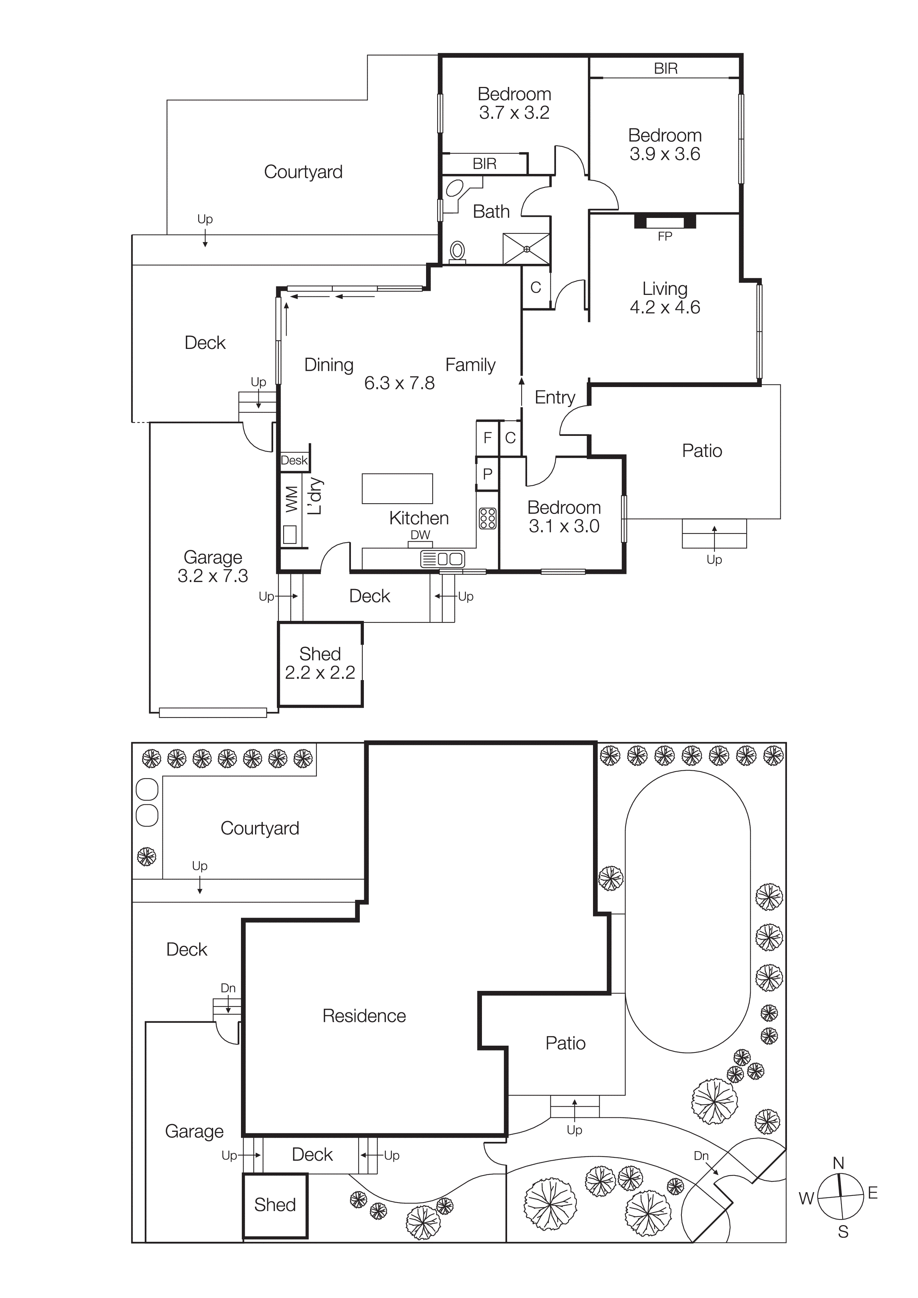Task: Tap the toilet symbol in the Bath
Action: click(457, 251)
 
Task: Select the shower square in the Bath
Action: click(526, 249)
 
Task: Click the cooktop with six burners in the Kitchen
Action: click(488, 518)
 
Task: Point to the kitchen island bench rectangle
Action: click(397, 488)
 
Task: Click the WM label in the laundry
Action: click(291, 499)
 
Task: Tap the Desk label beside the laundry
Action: click(294, 460)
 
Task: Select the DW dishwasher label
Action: click(420, 535)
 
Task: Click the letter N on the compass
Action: click(838, 1163)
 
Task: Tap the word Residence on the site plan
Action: click(364, 1016)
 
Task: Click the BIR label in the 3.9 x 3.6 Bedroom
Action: click(665, 68)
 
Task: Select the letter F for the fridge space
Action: click(487, 438)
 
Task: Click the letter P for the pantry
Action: click(487, 474)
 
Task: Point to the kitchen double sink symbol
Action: click(443, 559)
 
